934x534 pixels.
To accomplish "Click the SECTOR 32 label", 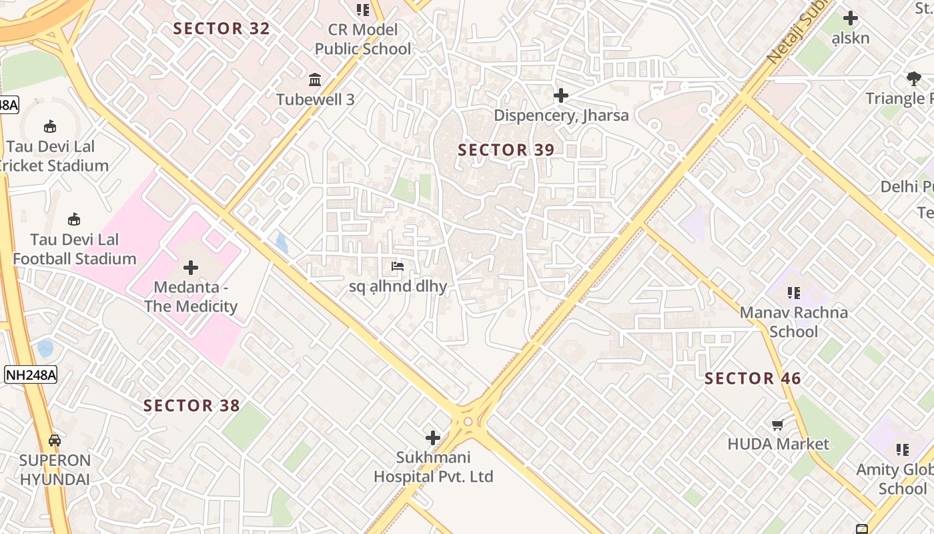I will (x=221, y=29).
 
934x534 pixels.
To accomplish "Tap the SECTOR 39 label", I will (x=506, y=150).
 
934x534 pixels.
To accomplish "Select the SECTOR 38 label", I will (x=191, y=406).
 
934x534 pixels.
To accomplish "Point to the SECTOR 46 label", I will (x=753, y=379).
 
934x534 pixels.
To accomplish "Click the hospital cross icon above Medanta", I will (x=191, y=268).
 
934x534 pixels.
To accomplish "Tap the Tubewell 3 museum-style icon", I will (x=315, y=80).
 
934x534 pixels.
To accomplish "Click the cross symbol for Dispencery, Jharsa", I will (x=561, y=95).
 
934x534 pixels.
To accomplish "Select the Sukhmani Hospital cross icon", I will (x=433, y=438).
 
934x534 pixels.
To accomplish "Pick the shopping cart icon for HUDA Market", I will (x=777, y=425).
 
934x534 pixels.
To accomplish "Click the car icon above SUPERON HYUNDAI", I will (x=55, y=441).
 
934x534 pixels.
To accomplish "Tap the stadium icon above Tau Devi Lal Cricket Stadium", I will (x=49, y=126).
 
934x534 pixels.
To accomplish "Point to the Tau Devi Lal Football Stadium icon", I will (x=74, y=219).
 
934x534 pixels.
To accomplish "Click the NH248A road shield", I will (x=31, y=374).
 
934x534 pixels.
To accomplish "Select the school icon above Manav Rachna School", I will (x=793, y=292).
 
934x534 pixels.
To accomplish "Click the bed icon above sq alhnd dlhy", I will (x=398, y=267).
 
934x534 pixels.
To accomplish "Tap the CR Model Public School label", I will (x=363, y=39).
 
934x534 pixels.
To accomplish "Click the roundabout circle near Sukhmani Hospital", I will (x=468, y=421).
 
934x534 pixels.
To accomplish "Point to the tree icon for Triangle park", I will (x=913, y=79).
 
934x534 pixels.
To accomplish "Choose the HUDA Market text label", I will (x=779, y=444).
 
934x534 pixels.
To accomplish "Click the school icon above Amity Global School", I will (x=903, y=450).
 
